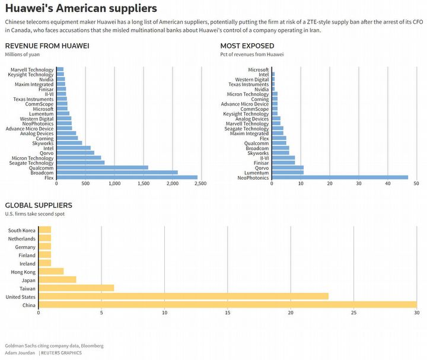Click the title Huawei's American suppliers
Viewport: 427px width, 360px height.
click(x=81, y=8)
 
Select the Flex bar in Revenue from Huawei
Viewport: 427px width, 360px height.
click(x=127, y=177)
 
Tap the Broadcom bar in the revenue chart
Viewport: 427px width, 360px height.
click(x=117, y=173)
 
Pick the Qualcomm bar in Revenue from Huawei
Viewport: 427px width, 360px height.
click(x=102, y=167)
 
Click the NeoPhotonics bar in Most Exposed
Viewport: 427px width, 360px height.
click(x=340, y=177)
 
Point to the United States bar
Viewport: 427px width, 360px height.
click(x=183, y=297)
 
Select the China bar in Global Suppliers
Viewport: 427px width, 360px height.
click(x=227, y=305)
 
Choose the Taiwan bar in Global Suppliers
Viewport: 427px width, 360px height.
click(x=76, y=288)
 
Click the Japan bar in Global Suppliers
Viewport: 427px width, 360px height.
click(x=57, y=280)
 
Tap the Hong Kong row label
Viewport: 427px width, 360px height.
click(x=23, y=272)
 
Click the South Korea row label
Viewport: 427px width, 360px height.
click(x=22, y=230)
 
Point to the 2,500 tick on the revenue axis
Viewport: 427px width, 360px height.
click(x=200, y=184)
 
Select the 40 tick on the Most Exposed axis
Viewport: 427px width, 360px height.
click(x=387, y=184)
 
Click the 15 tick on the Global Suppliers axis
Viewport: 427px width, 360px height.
click(x=227, y=312)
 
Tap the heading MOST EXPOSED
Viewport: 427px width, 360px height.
click(x=247, y=46)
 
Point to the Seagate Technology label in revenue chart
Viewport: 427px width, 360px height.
click(x=32, y=163)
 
